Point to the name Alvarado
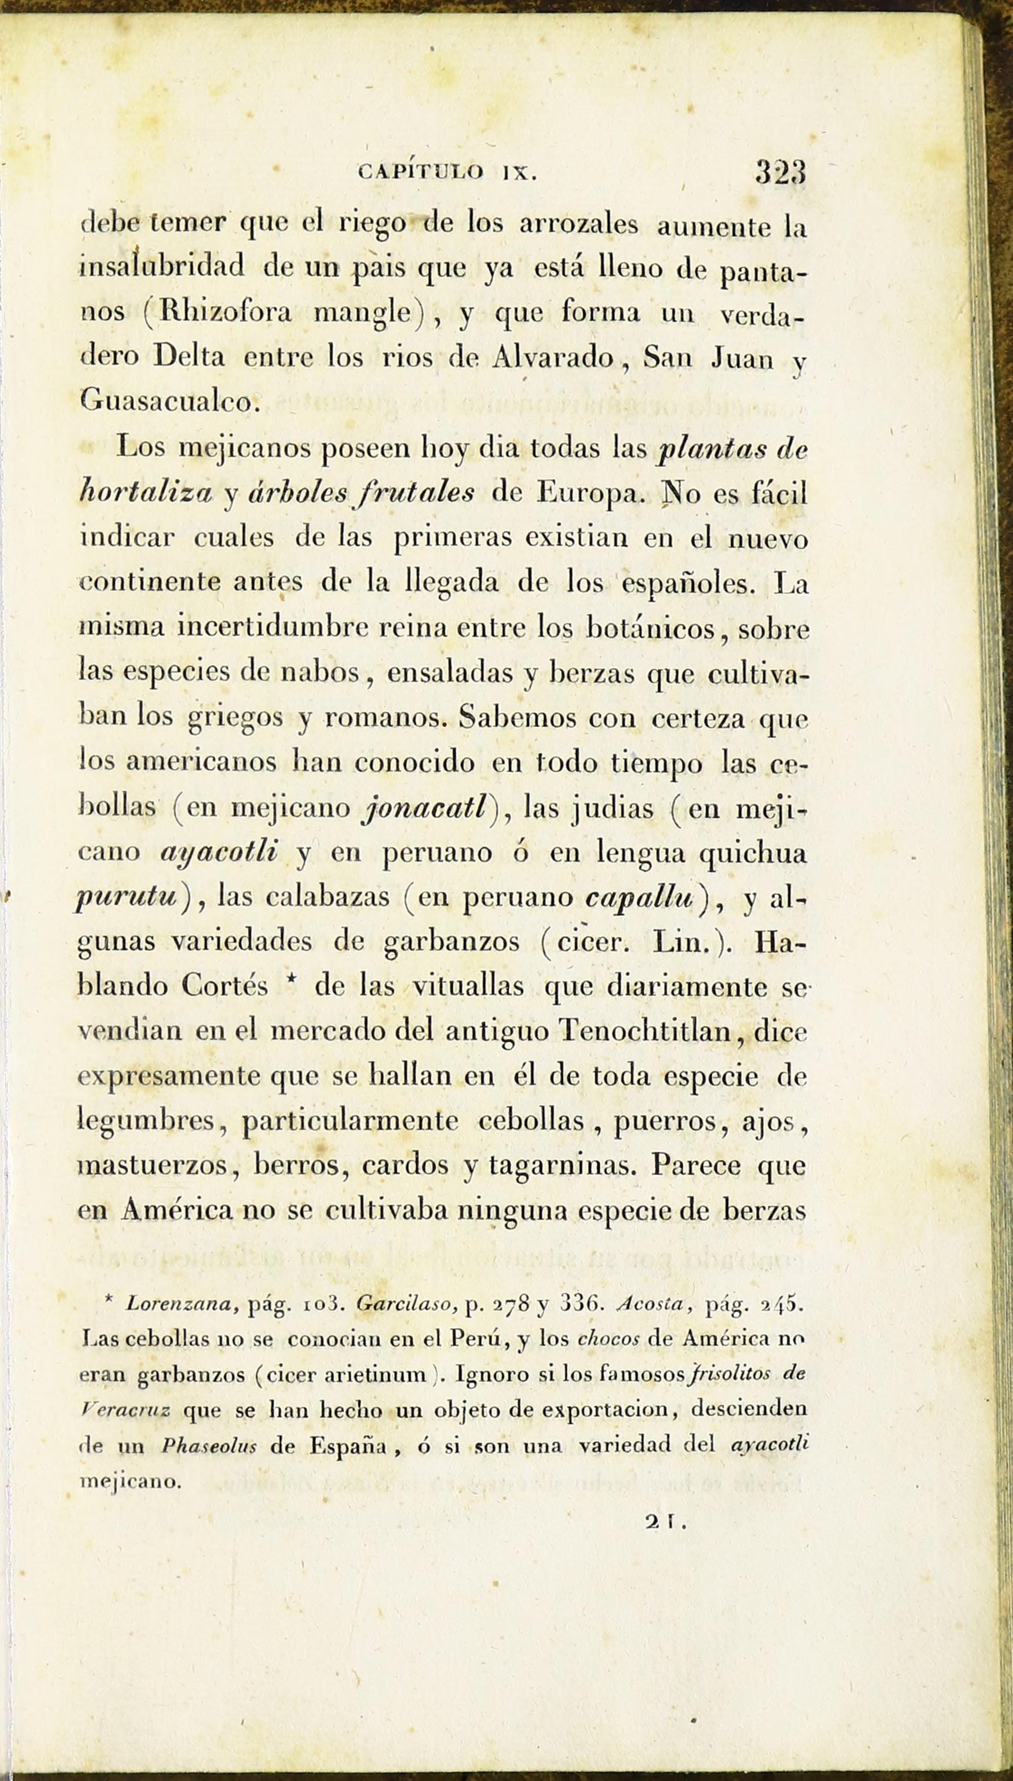pyautogui.click(x=551, y=357)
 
